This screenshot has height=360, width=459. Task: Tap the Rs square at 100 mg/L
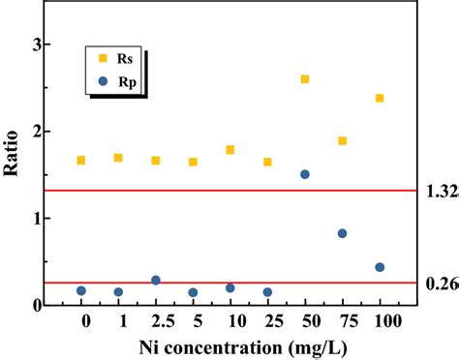pos(380,98)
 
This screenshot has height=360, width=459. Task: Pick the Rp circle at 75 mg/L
pos(342,233)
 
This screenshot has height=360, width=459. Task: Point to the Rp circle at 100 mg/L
pos(380,267)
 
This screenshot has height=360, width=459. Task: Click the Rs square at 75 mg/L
pos(342,141)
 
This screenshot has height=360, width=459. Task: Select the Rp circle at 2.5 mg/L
pos(155,281)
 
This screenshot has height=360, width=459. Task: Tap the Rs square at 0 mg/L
pos(80,161)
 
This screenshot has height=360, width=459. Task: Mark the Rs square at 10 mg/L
pos(229,150)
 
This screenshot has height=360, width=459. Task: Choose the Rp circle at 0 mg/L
pos(80,290)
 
